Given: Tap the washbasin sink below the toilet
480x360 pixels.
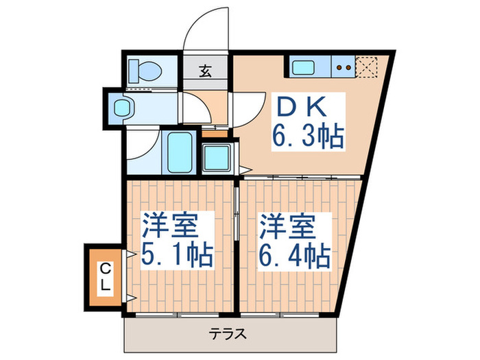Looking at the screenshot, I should (x=124, y=108).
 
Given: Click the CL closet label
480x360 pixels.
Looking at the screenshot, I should (x=103, y=275).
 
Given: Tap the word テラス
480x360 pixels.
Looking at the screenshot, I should (x=228, y=335).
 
